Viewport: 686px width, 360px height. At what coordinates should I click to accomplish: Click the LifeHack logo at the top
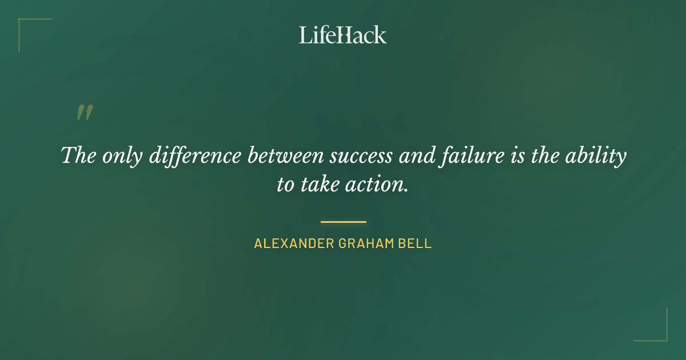[343, 35]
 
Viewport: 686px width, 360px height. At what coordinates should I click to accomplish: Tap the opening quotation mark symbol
[84, 113]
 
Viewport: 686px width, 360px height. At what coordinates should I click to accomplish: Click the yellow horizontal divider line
[343, 222]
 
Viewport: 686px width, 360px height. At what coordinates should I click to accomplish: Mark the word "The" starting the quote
[78, 156]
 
